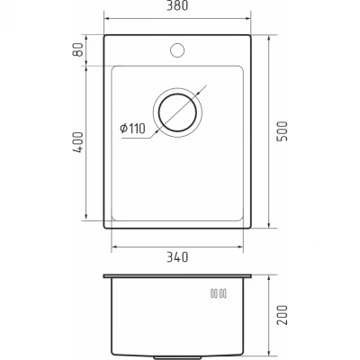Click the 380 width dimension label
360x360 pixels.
pyautogui.click(x=177, y=5)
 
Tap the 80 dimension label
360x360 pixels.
pyautogui.click(x=77, y=49)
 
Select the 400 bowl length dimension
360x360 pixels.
pyautogui.click(x=77, y=142)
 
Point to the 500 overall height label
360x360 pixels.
pyautogui.click(x=283, y=131)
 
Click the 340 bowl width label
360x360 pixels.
pyautogui.click(x=177, y=257)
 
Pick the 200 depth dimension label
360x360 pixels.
pyautogui.click(x=283, y=315)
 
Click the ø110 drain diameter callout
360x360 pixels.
pyautogui.click(x=132, y=129)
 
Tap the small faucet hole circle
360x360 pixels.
pyautogui.click(x=177, y=50)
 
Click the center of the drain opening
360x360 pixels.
pyautogui.click(x=177, y=112)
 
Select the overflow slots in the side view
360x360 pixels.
pyautogui.click(x=219, y=293)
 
